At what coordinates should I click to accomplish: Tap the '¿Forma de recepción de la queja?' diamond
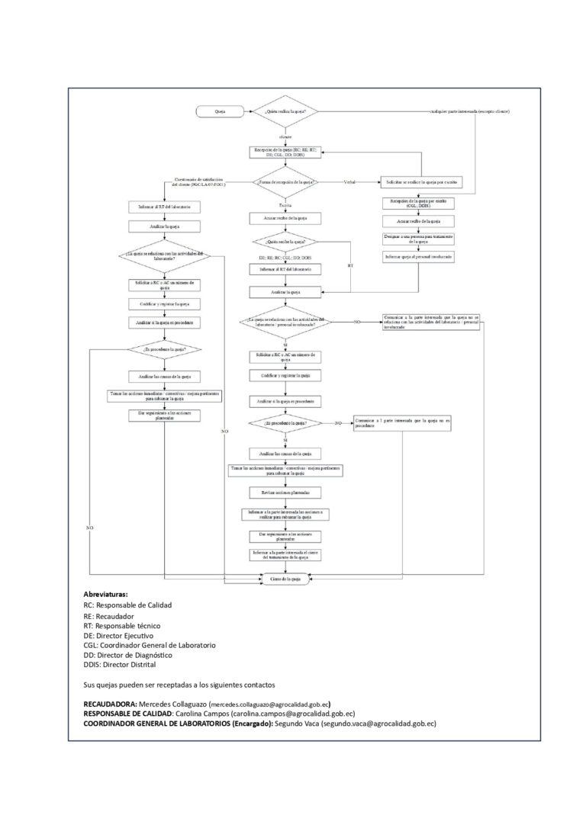click(285, 182)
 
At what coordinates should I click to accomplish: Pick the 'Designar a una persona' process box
click(419, 239)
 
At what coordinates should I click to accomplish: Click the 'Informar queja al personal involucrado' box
click(419, 258)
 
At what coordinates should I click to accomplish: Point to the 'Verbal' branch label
click(350, 181)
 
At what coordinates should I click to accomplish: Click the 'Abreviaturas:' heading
click(106, 593)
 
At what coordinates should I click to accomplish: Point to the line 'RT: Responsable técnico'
click(122, 624)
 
